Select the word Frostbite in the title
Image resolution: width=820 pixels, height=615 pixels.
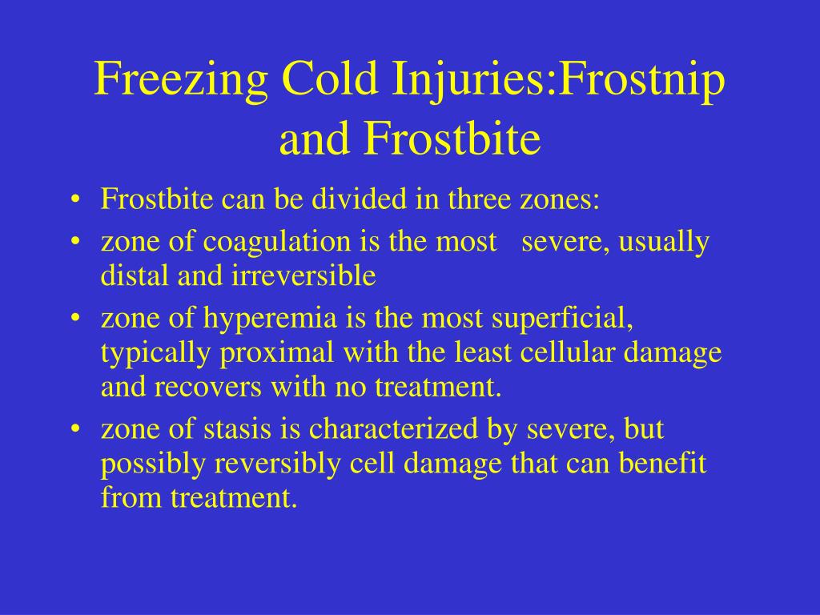(x=464, y=139)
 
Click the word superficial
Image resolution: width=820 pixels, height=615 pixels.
(x=562, y=320)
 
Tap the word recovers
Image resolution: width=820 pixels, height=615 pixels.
(x=211, y=388)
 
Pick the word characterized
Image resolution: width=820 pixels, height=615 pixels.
(x=395, y=430)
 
